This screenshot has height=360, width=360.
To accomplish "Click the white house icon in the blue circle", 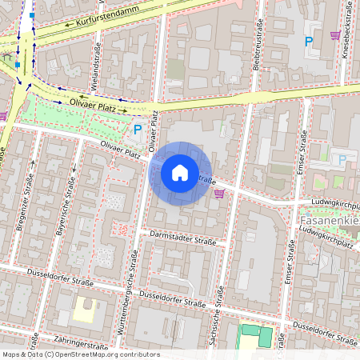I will coord(180,172).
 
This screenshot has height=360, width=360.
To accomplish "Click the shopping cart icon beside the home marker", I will coord(219,193).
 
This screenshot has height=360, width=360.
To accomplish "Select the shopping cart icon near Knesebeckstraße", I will coord(334,35).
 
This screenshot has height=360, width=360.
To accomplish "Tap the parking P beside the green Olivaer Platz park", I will coord(138,128).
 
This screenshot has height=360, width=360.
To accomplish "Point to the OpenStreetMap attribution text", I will coord(80,354).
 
